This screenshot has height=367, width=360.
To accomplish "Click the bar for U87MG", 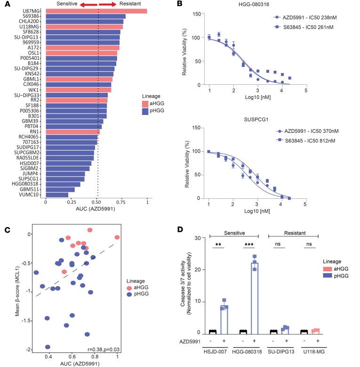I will click(96, 11).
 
